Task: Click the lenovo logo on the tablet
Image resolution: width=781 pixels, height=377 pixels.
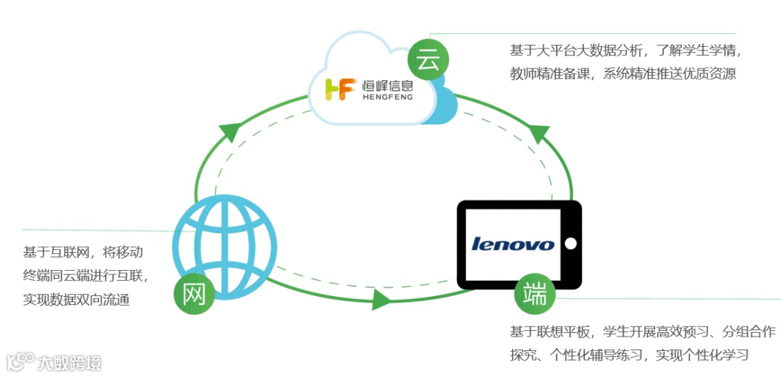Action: pyautogui.click(x=512, y=243)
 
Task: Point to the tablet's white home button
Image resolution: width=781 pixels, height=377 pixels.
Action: pyautogui.click(x=571, y=243)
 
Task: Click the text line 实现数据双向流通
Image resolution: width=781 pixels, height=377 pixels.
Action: pyautogui.click(x=77, y=300)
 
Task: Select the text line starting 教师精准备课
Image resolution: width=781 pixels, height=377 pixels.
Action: pyautogui.click(x=623, y=74)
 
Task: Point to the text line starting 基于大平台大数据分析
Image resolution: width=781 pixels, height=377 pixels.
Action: pyautogui.click(x=626, y=51)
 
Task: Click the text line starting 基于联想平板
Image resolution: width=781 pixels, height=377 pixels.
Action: pyautogui.click(x=642, y=331)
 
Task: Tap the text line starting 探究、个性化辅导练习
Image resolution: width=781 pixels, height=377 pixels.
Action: pyautogui.click(x=628, y=355)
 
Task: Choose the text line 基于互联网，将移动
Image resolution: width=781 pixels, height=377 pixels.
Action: pyautogui.click(x=82, y=252)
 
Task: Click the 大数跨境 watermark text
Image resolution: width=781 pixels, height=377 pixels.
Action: pyautogui.click(x=69, y=362)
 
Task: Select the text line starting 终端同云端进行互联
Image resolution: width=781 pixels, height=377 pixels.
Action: pyautogui.click(x=85, y=276)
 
